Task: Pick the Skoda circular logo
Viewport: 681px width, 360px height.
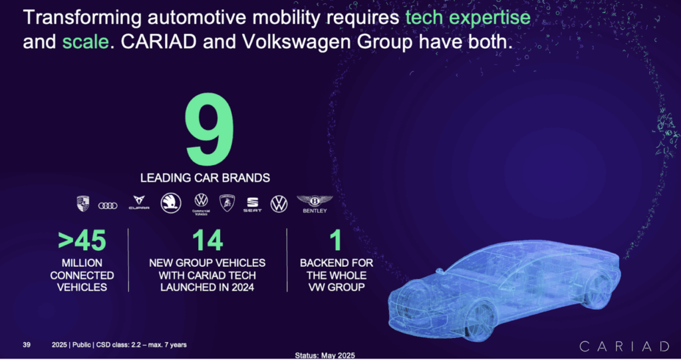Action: [x=170, y=203]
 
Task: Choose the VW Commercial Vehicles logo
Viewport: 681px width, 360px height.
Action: [x=200, y=202]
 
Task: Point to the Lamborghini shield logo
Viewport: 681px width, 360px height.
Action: [x=227, y=204]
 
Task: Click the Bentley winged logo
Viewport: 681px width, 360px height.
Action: [x=313, y=203]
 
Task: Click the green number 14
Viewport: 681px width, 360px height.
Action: [x=207, y=242]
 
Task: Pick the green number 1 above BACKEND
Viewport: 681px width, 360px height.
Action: [x=336, y=242]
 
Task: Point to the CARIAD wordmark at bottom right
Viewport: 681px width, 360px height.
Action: [x=624, y=346]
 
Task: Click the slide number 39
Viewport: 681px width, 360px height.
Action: [x=27, y=345]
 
